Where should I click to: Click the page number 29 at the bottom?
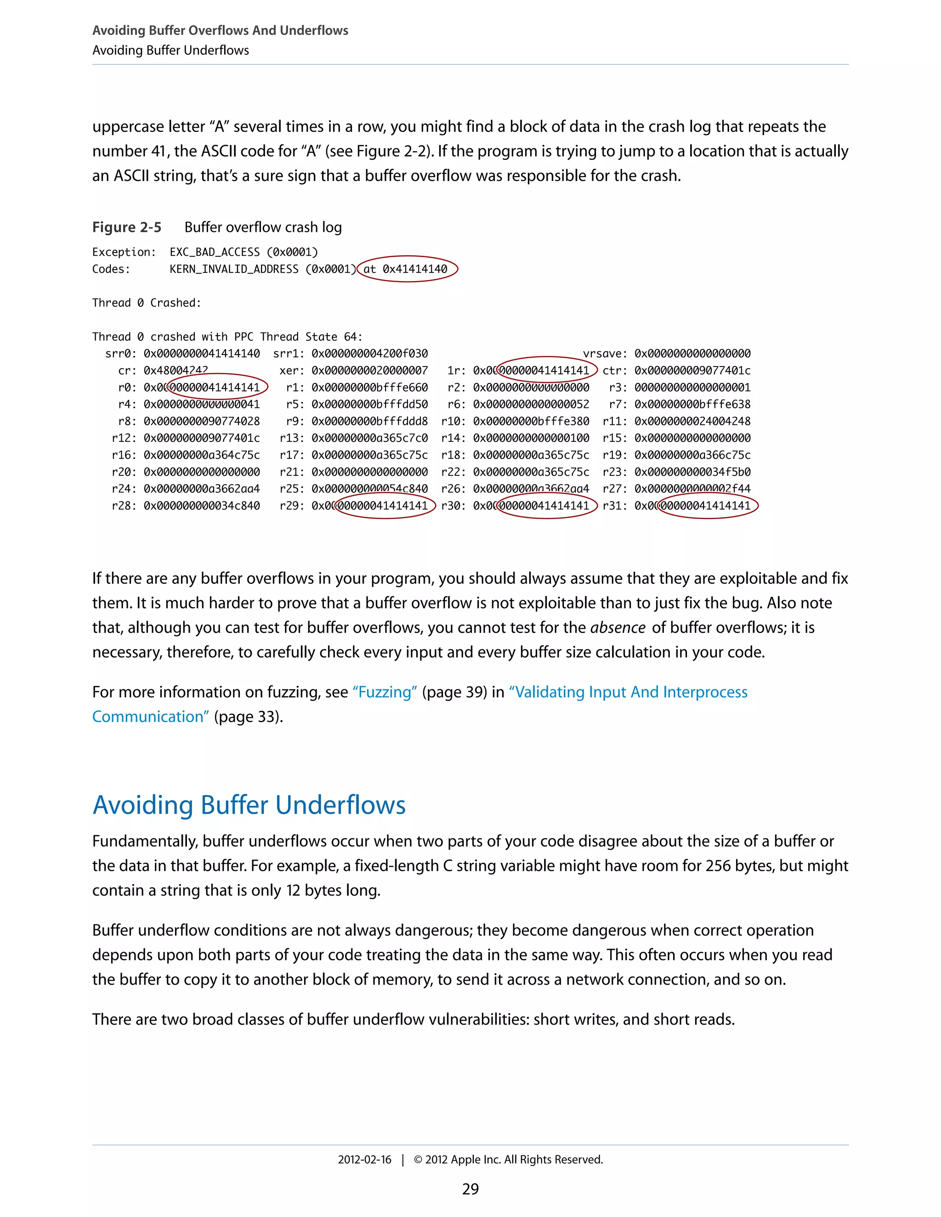[470, 1189]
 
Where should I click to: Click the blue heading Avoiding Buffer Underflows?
[249, 805]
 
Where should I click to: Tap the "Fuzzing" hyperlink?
[385, 692]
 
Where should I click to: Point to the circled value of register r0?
[216, 387]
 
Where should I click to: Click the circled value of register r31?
[707, 506]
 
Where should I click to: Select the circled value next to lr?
[545, 371]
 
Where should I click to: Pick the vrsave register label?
[604, 354]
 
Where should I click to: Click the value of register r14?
[531, 438]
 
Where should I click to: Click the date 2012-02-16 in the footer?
[364, 1160]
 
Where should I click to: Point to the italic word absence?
[618, 628]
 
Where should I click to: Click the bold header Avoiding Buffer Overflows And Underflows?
[220, 31]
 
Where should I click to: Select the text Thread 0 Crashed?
[147, 303]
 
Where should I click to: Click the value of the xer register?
[369, 371]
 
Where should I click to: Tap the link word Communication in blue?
[150, 716]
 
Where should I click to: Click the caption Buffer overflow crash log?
[263, 227]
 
